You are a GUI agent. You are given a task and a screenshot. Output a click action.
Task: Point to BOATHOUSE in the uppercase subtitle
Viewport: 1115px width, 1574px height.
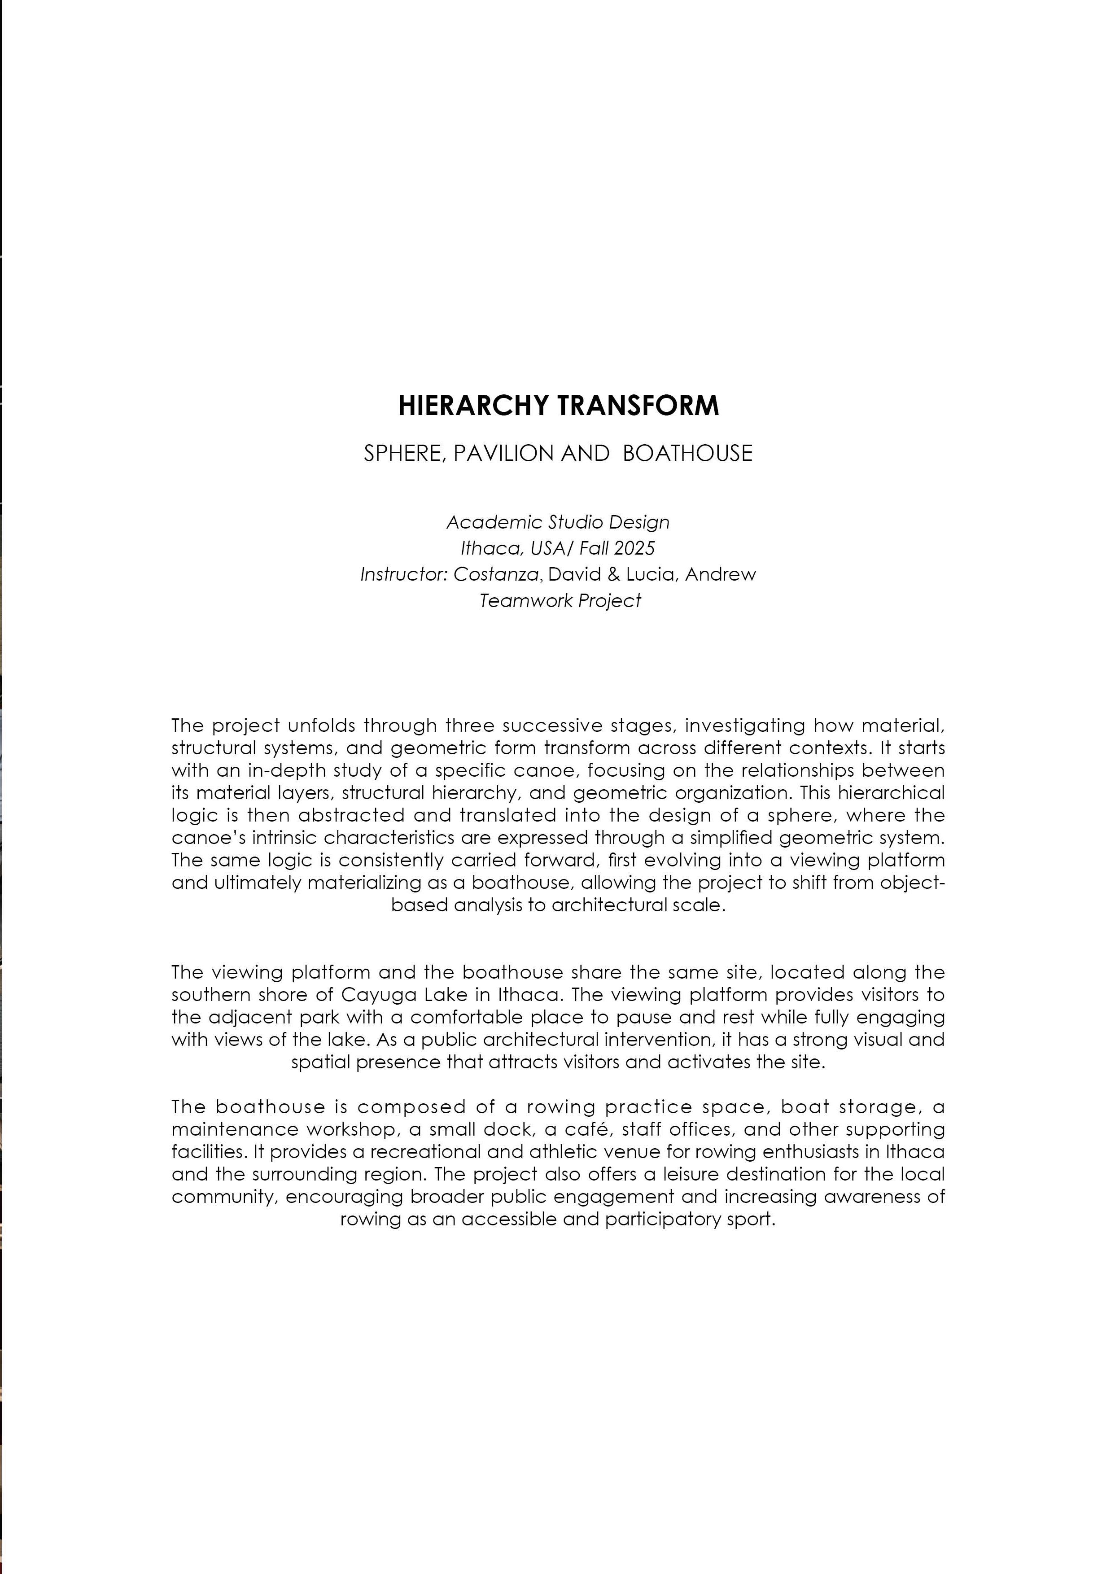pos(687,454)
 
